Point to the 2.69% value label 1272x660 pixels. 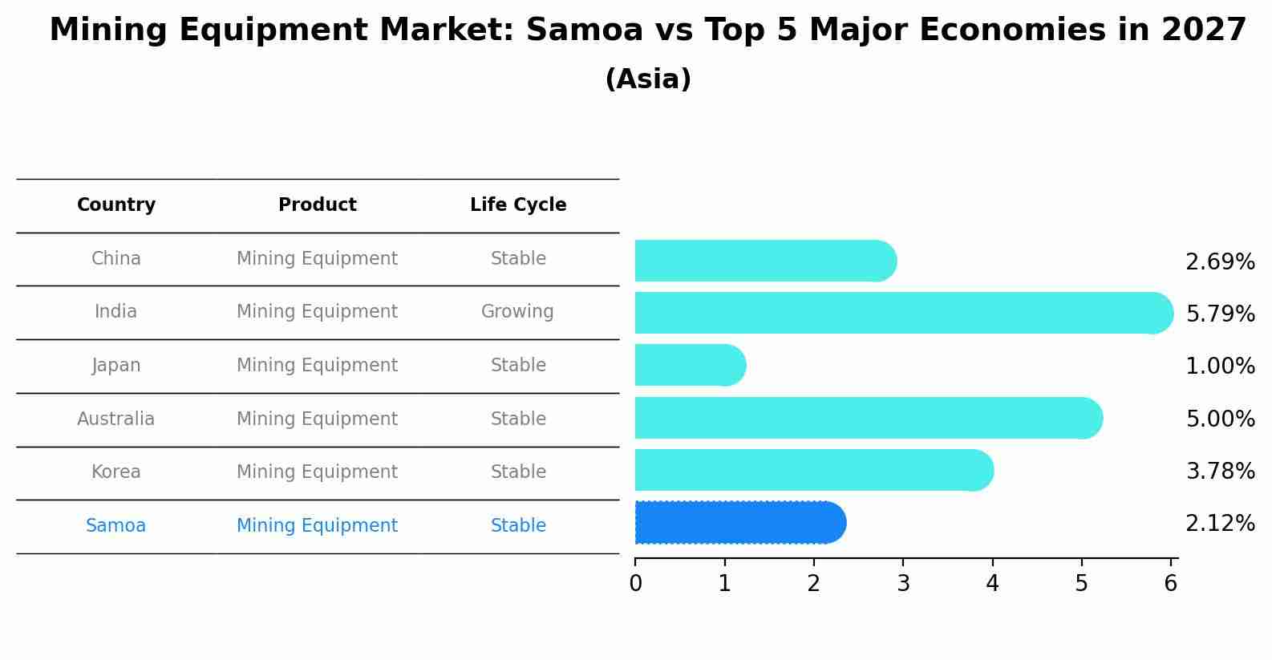[1219, 262]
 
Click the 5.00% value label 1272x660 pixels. [1219, 419]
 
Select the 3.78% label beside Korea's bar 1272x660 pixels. [1219, 472]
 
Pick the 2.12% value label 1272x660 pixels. [1219, 524]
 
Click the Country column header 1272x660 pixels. [116, 205]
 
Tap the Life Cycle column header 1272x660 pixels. [518, 205]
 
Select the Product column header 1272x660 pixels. [318, 205]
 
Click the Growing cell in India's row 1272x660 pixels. [517, 312]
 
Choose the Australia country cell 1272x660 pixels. [116, 419]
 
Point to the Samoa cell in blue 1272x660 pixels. [116, 526]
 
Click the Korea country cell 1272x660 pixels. [116, 472]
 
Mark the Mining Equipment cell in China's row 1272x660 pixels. [317, 259]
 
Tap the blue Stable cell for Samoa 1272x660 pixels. [518, 526]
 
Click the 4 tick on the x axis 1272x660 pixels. [993, 584]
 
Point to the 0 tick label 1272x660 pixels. [635, 584]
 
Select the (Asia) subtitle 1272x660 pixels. [648, 79]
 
